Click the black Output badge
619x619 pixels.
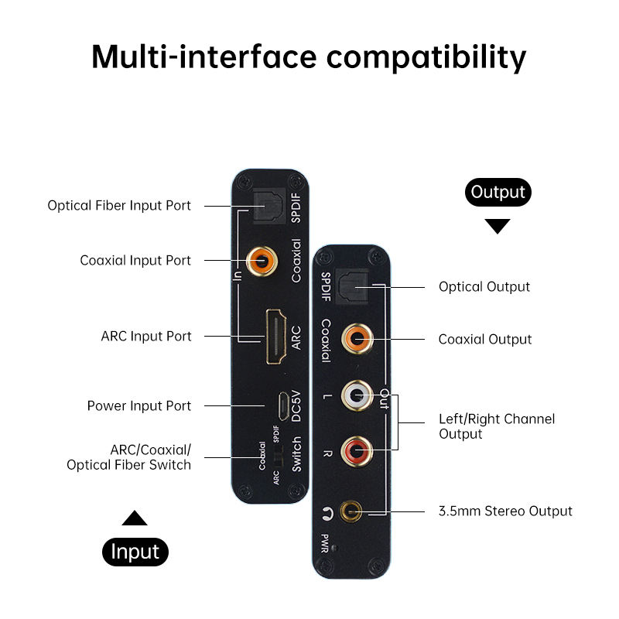(x=498, y=192)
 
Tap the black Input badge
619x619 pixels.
(x=135, y=552)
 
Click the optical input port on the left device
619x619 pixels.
(x=268, y=206)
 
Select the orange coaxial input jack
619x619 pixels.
(x=262, y=261)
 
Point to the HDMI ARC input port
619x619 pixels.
(x=276, y=337)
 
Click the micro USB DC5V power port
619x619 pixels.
(x=283, y=405)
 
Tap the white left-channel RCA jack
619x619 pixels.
(x=357, y=395)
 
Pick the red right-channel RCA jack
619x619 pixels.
(x=357, y=451)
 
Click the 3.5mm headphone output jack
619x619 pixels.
(x=351, y=511)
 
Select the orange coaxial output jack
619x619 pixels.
(x=357, y=339)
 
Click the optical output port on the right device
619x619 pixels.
(x=352, y=286)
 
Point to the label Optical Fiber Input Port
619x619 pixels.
(x=119, y=206)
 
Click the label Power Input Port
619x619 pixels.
(x=139, y=405)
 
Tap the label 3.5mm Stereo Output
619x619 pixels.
(x=505, y=511)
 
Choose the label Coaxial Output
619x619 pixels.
(x=485, y=340)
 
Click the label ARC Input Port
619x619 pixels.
(x=146, y=337)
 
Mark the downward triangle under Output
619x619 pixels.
(x=498, y=226)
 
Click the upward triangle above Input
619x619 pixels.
(x=135, y=518)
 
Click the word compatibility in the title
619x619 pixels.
(x=426, y=57)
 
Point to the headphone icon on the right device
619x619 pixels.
(x=327, y=513)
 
